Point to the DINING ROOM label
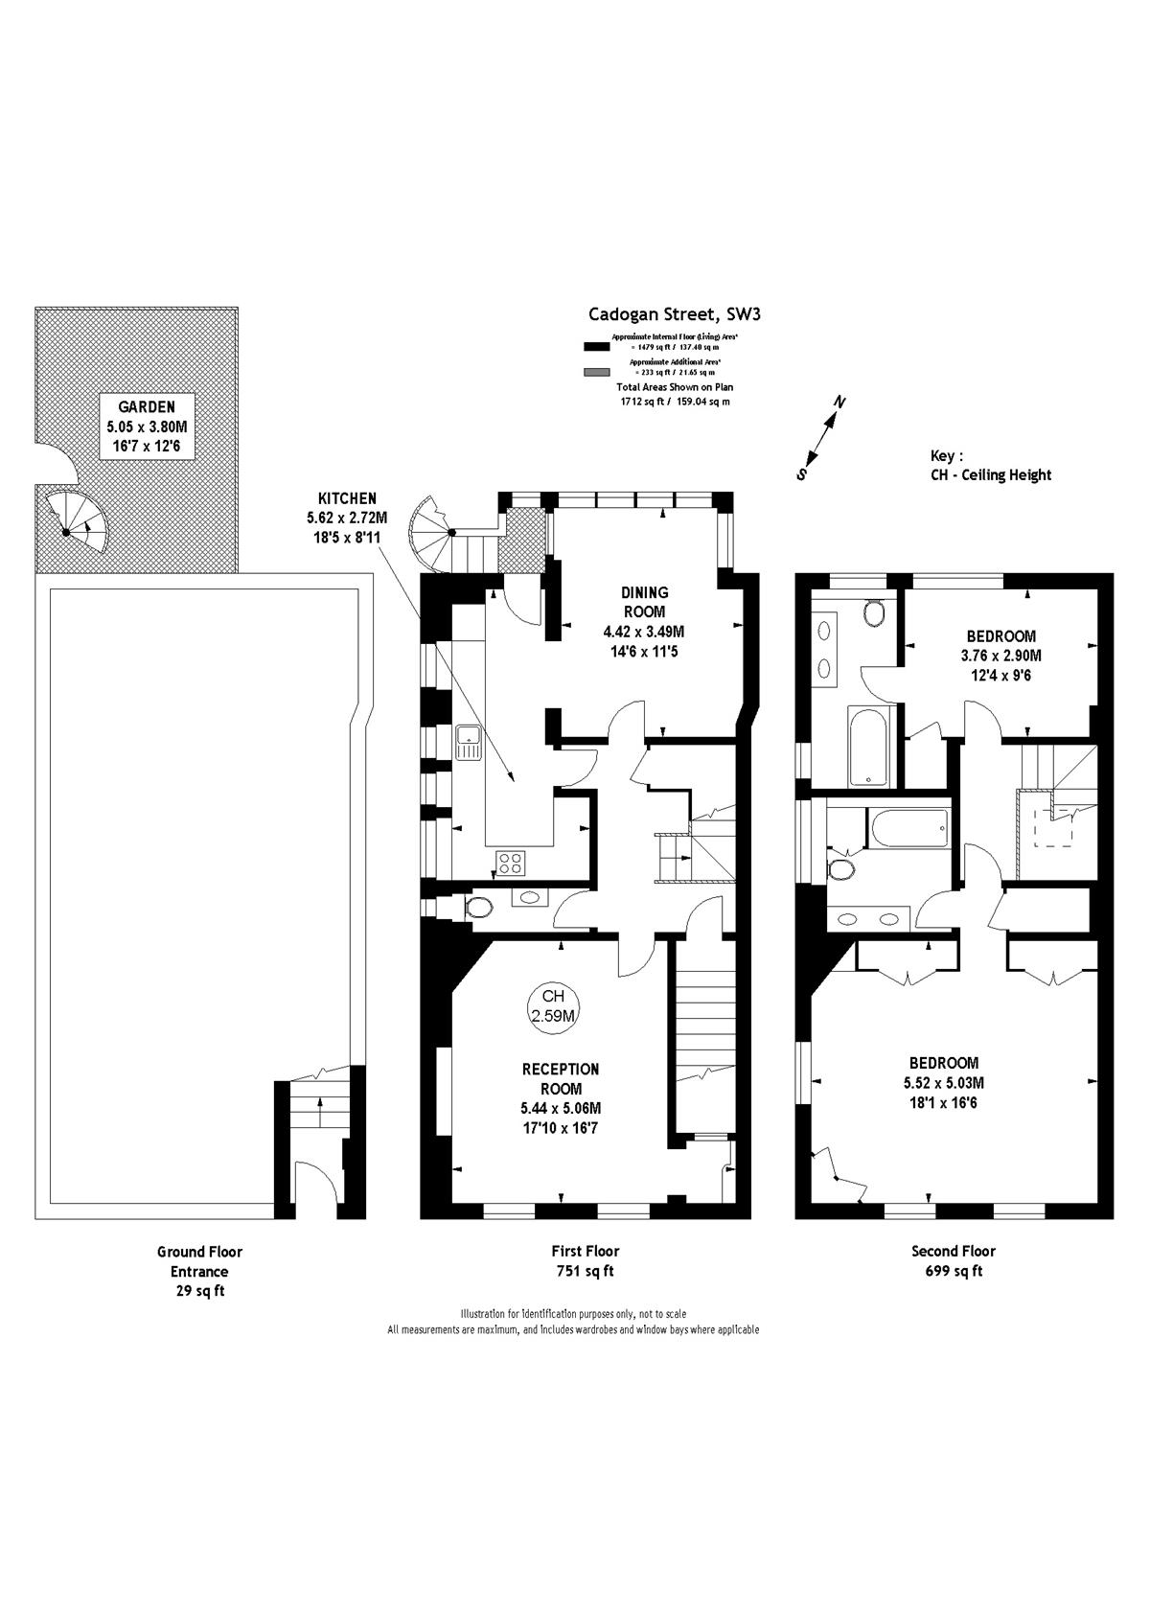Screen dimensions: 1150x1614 tap(645, 602)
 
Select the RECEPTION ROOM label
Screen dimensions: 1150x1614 tap(561, 1078)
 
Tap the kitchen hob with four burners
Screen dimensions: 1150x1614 tap(509, 863)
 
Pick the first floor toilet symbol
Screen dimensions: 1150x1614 tap(478, 907)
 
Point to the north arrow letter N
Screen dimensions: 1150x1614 tap(839, 402)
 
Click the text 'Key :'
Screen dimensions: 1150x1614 tap(947, 456)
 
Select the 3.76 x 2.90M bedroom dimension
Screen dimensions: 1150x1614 tap(1000, 656)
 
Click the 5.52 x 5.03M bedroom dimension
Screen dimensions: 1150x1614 tap(943, 1083)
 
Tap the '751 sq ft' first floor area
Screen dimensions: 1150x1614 tap(585, 1271)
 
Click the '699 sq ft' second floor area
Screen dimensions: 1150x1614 tap(954, 1271)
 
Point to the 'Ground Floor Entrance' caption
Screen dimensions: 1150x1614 tap(199, 1261)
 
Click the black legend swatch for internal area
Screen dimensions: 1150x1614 tap(596, 346)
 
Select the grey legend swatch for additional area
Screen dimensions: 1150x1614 tap(596, 372)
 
